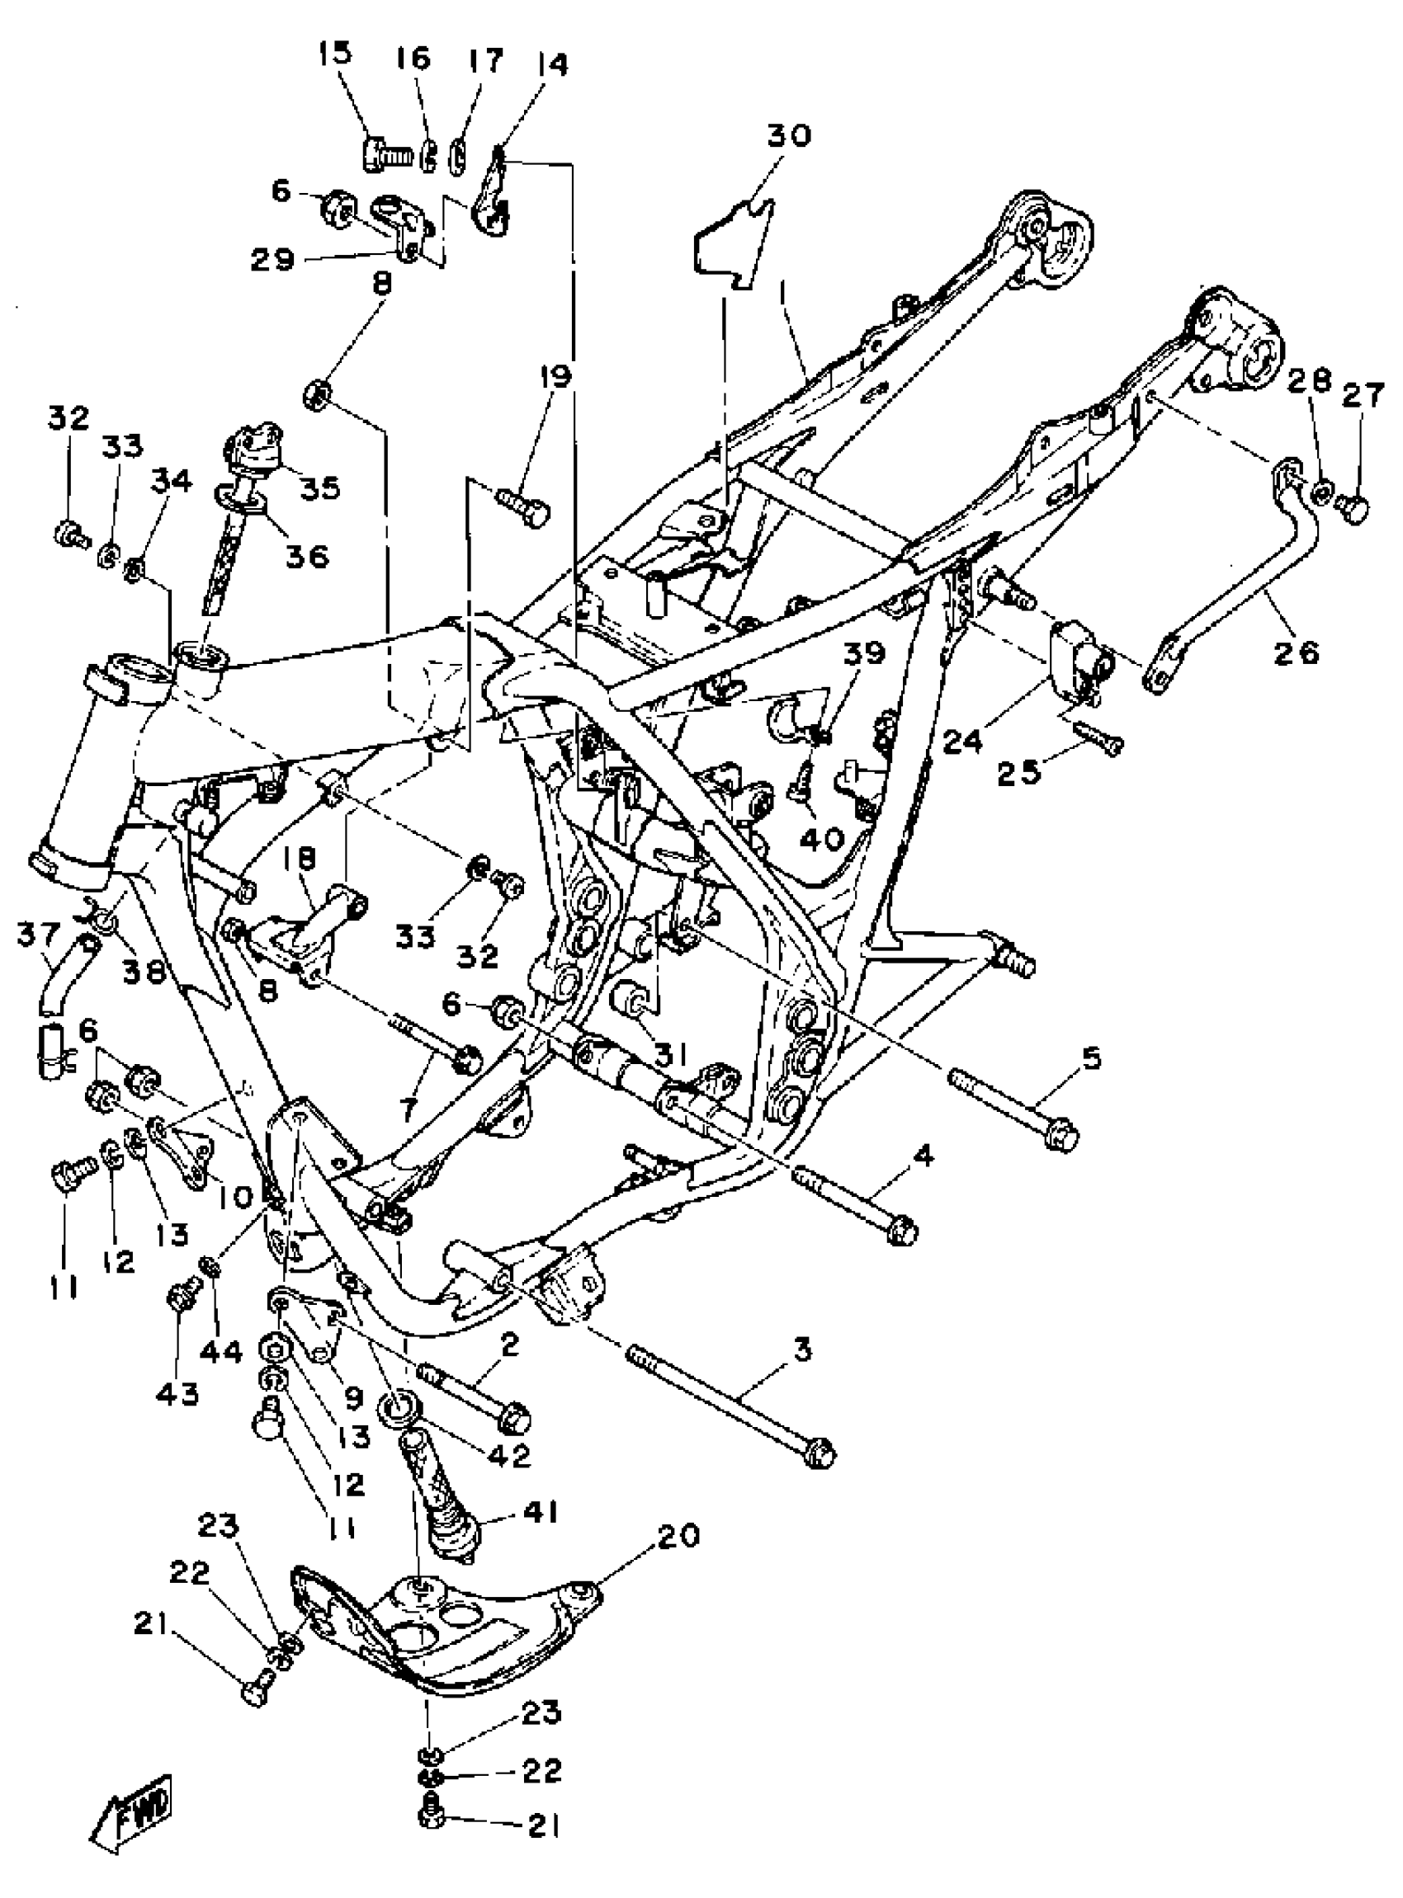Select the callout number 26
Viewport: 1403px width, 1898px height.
[1297, 652]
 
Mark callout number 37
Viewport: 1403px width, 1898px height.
[38, 936]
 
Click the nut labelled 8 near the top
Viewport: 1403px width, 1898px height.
[316, 393]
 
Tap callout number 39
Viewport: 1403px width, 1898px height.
[864, 652]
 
